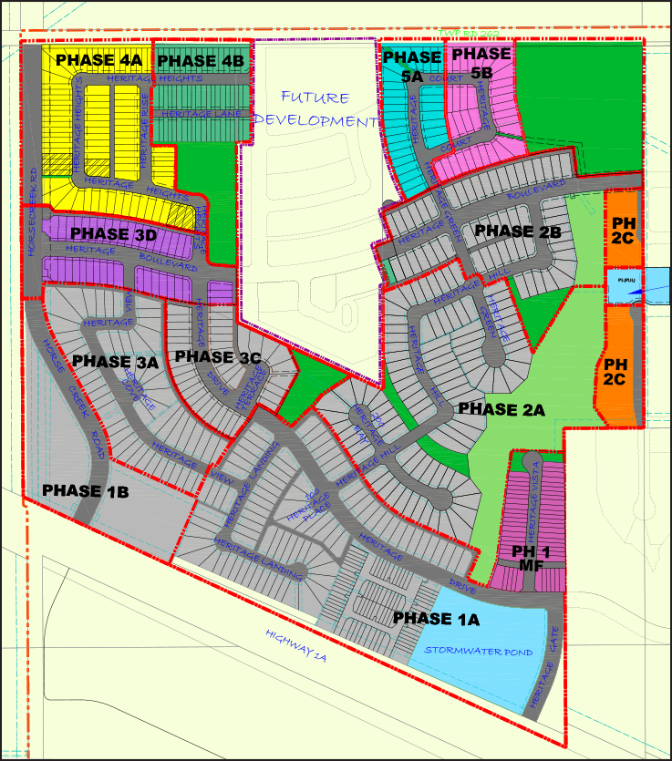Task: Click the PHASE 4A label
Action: click(100, 60)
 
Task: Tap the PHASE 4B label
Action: click(201, 60)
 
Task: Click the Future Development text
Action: click(315, 108)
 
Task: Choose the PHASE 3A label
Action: click(116, 361)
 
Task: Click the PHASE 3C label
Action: click(218, 356)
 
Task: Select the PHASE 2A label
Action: click(501, 410)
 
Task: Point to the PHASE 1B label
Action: click(86, 491)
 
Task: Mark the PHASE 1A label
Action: click(436, 619)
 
